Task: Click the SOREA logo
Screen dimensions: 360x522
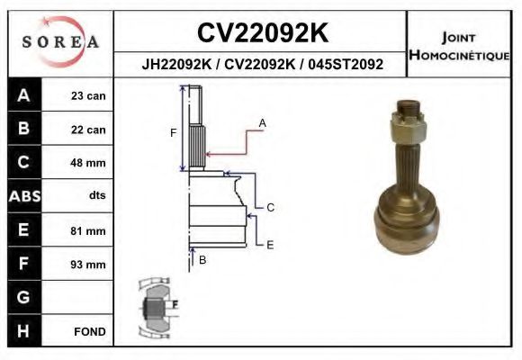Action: [x=60, y=42]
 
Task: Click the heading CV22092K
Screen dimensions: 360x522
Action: [x=262, y=32]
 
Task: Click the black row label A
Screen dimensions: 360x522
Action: [x=23, y=95]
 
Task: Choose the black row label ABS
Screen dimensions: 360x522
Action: [x=23, y=196]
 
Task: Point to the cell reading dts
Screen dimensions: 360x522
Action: [x=97, y=196]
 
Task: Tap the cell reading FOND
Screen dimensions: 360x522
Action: [x=90, y=331]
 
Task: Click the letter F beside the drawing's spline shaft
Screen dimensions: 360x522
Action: [x=173, y=133]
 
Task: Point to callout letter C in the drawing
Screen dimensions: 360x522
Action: [x=269, y=207]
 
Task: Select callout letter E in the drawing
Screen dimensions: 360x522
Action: [x=269, y=244]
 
